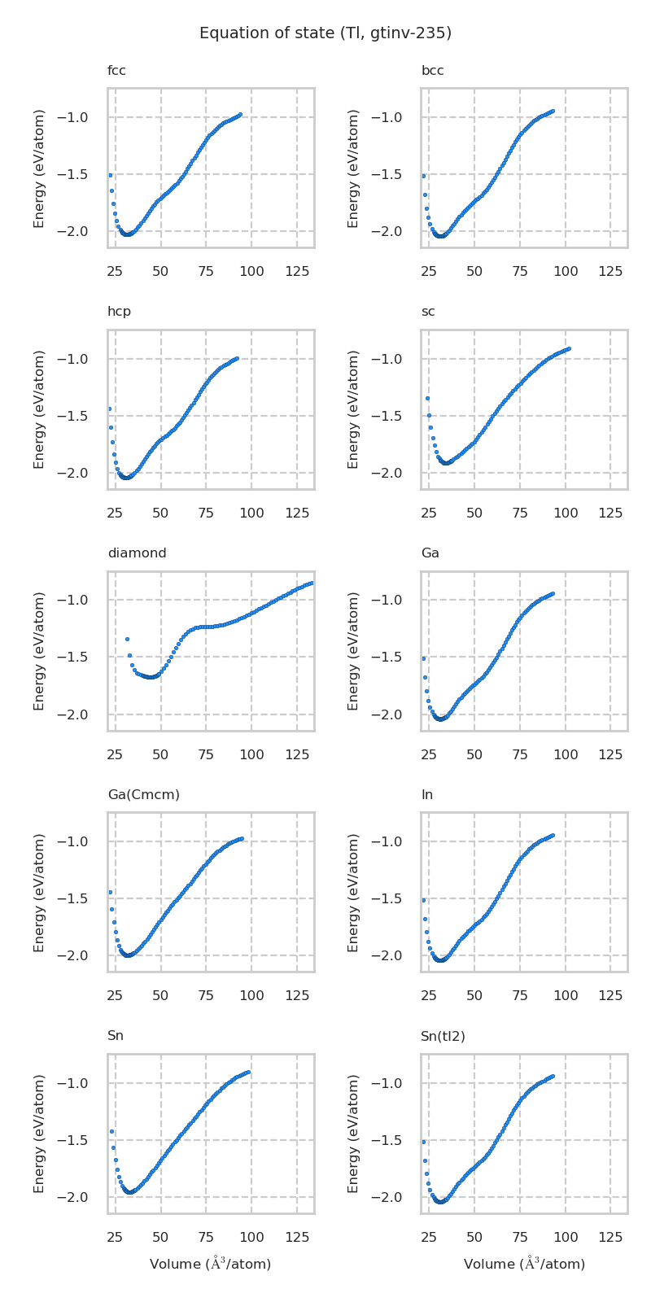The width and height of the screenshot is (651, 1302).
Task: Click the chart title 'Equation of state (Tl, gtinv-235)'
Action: pos(325,33)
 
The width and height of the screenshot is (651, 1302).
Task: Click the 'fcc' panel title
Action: pos(116,71)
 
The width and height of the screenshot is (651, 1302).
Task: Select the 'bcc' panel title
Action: pos(432,71)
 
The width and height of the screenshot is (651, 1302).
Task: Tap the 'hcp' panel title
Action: pos(119,312)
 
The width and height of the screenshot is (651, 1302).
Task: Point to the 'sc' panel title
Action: pos(428,312)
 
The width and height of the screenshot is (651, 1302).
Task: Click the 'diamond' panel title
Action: pos(137,553)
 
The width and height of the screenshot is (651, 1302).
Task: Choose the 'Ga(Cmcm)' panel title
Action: pos(143,794)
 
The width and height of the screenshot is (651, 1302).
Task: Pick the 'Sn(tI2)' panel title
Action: pos(443,1036)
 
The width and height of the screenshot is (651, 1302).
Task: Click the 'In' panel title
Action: pos(426,794)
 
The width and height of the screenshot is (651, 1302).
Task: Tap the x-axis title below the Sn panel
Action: pos(210,1264)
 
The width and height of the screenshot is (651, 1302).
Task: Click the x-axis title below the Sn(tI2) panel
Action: pos(524,1264)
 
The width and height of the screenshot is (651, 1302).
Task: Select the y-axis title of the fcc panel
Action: pos(39,168)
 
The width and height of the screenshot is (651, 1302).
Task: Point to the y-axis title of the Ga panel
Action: pos(353,651)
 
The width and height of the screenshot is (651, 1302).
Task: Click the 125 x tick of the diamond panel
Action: pos(297,754)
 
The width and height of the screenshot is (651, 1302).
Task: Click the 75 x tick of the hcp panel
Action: pos(206,513)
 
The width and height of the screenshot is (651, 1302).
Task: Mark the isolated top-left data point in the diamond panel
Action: pos(127,639)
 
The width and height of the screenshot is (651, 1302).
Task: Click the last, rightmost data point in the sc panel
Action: pos(568,348)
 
